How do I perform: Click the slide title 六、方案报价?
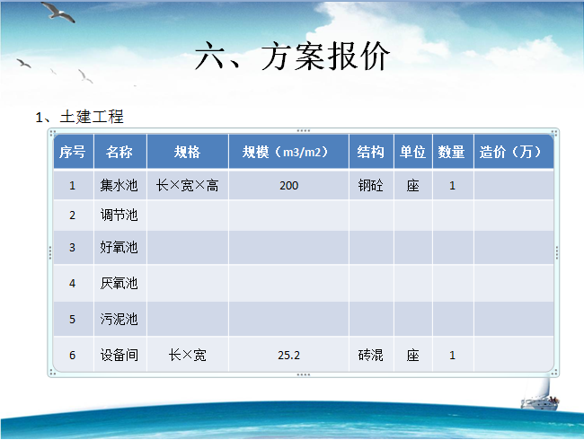(x=292, y=56)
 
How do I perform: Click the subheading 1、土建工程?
(x=79, y=117)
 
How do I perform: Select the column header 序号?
(x=72, y=152)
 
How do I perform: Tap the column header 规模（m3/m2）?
(x=286, y=152)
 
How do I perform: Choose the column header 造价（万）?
(x=510, y=152)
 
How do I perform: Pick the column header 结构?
(x=370, y=152)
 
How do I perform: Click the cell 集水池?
(x=119, y=185)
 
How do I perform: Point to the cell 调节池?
(x=119, y=215)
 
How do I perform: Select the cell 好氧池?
(x=119, y=247)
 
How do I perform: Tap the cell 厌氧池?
(x=119, y=283)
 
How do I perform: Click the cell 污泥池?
(x=119, y=319)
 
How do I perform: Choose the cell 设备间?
(x=119, y=355)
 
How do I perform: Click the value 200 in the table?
(x=288, y=185)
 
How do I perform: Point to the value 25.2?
(x=288, y=355)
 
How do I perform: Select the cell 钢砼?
(x=370, y=185)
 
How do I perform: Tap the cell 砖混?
(x=370, y=355)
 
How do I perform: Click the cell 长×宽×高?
(x=188, y=185)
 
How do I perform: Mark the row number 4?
(x=72, y=284)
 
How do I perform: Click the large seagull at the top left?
(x=58, y=12)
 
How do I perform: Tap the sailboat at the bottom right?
(x=539, y=395)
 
